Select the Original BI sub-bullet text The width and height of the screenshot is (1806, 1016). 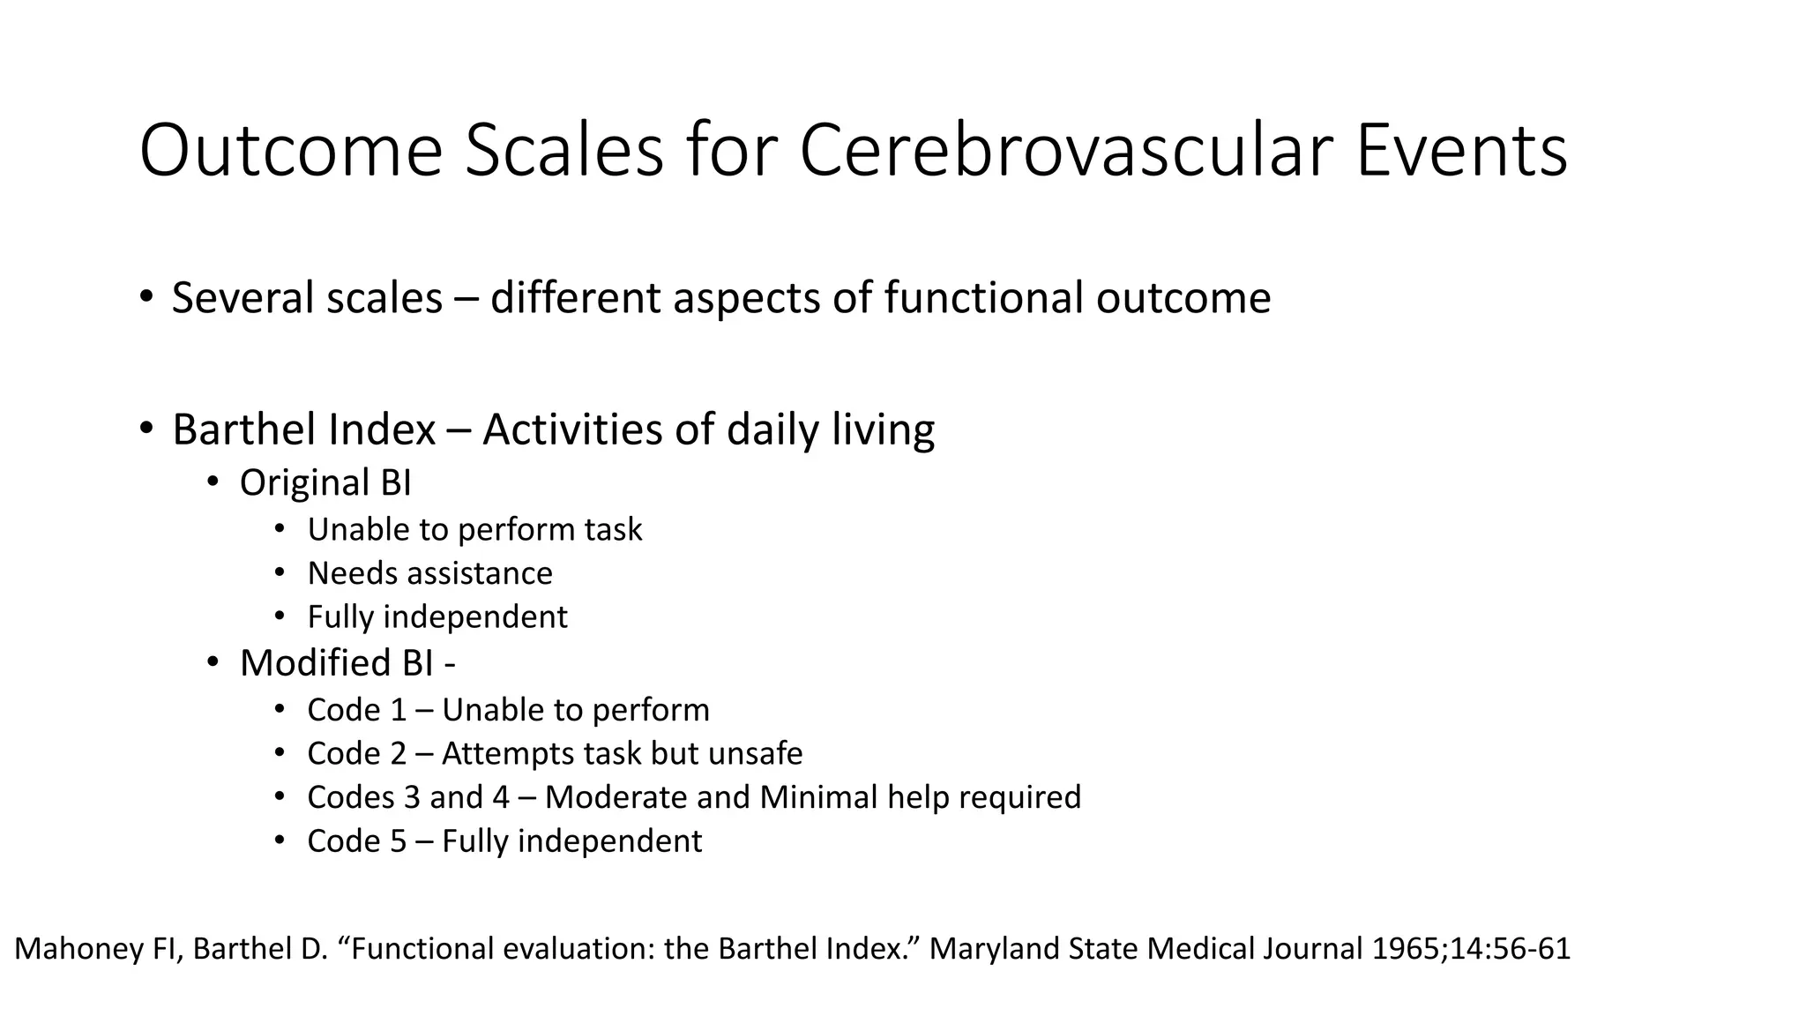pyautogui.click(x=325, y=483)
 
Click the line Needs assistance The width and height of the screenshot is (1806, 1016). pyautogui.click(x=429, y=573)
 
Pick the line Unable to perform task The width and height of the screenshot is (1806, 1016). pyautogui.click(x=474, y=529)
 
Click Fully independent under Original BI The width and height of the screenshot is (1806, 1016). pyautogui.click(x=437, y=616)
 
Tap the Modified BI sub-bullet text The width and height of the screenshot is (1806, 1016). pyautogui.click(x=347, y=663)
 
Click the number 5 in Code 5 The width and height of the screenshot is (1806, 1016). pyautogui.click(x=399, y=841)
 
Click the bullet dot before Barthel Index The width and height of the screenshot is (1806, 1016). pyautogui.click(x=146, y=429)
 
